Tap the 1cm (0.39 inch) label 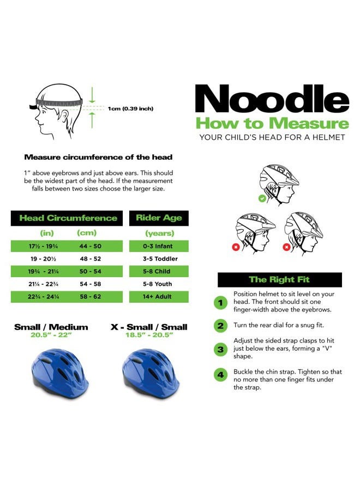click(x=130, y=109)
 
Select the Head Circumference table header click(x=68, y=218)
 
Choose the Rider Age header click(x=159, y=218)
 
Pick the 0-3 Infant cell click(x=159, y=247)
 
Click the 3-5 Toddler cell click(x=159, y=259)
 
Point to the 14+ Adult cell click(x=159, y=297)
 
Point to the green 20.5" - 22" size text click(x=51, y=336)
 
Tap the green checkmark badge click(x=262, y=199)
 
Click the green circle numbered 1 click(x=221, y=302)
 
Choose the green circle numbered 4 click(x=221, y=375)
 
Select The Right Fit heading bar click(x=279, y=280)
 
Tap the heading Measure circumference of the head click(x=98, y=157)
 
